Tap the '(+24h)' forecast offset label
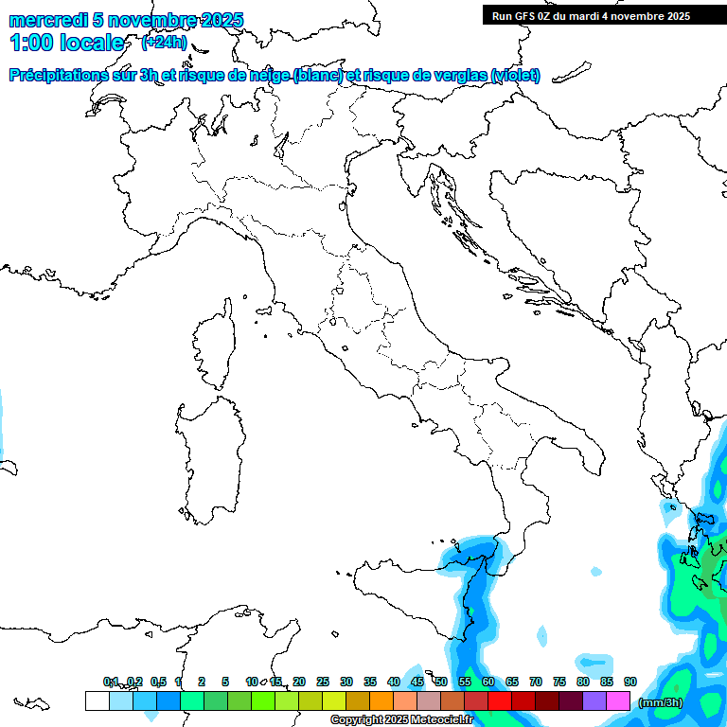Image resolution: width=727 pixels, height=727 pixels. pyautogui.click(x=164, y=43)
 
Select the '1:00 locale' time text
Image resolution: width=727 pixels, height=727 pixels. pyautogui.click(x=67, y=43)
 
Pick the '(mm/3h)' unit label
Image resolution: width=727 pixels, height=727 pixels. pyautogui.click(x=661, y=701)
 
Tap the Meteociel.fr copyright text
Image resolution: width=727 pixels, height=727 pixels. pyautogui.click(x=402, y=720)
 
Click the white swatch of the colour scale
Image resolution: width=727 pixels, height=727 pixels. pyautogui.click(x=97, y=700)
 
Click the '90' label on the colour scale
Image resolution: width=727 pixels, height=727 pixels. pyautogui.click(x=630, y=682)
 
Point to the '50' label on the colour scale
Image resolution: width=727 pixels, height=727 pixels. pyautogui.click(x=441, y=682)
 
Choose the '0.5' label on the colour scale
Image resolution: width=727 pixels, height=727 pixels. pyautogui.click(x=157, y=682)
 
